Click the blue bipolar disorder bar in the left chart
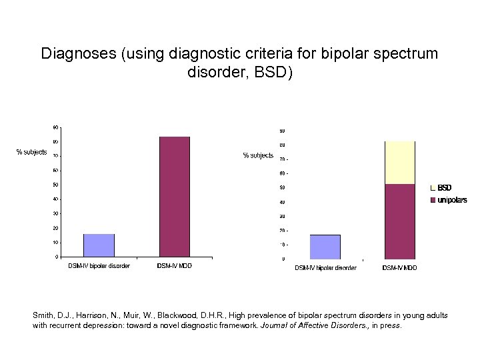99,245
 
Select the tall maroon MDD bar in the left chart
175,197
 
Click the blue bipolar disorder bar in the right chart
325,247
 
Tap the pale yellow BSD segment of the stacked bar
400,163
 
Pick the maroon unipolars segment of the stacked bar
400,221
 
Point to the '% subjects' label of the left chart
31,152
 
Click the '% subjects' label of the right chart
258,155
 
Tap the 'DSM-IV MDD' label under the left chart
175,266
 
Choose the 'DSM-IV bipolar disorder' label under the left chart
99,266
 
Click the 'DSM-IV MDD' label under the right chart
400,268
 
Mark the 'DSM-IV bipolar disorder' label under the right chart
325,268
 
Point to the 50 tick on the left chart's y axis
55,185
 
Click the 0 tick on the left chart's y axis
56,257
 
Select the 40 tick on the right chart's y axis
282,202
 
